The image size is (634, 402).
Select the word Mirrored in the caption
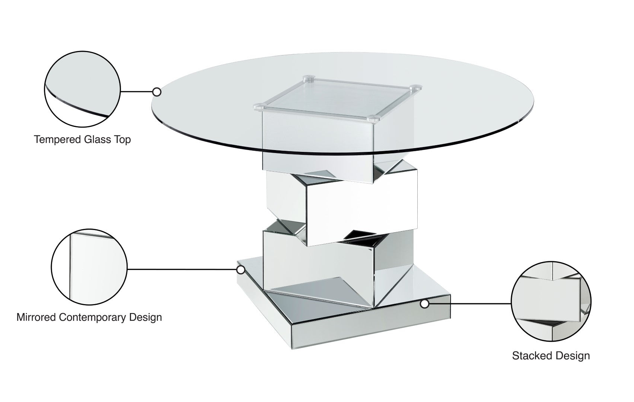point(36,318)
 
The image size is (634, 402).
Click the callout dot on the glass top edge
point(157,92)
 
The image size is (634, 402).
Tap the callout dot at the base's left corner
point(241,269)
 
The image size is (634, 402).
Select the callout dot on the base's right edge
point(424,304)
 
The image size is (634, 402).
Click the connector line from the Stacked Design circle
point(469,304)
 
